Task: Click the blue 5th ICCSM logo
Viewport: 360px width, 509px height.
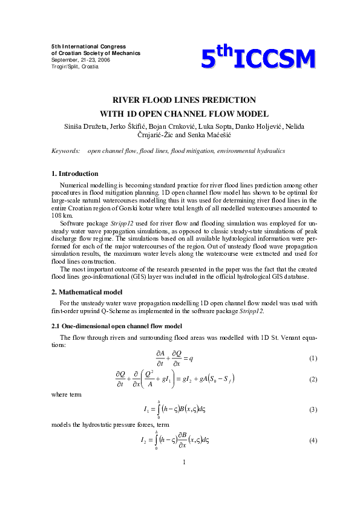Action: pyautogui.click(x=258, y=59)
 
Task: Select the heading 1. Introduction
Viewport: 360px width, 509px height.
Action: pyautogui.click(x=75, y=173)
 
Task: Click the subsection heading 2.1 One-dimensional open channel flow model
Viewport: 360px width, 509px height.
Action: pyautogui.click(x=117, y=326)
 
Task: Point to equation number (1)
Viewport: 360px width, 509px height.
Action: pyautogui.click(x=313, y=358)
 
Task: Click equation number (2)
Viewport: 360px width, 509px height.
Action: pyautogui.click(x=313, y=380)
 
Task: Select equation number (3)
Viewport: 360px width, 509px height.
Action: pyautogui.click(x=313, y=410)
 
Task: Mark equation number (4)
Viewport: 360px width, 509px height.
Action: pyautogui.click(x=313, y=440)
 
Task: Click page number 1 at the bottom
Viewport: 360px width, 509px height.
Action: pyautogui.click(x=183, y=462)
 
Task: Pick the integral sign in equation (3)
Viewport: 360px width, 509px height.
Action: pyautogui.click(x=158, y=409)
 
